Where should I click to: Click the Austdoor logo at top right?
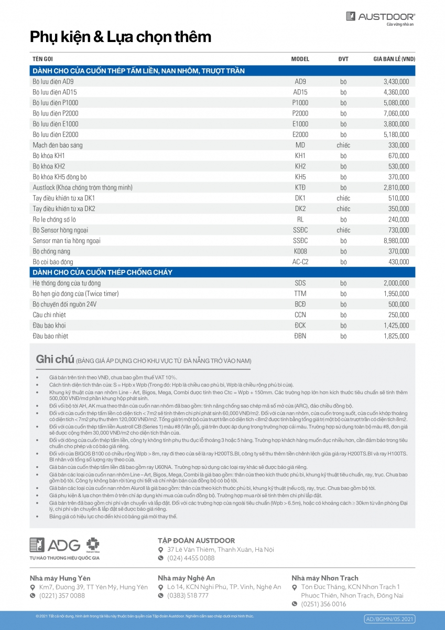pos(380,18)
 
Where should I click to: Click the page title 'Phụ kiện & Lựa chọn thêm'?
pos(121,37)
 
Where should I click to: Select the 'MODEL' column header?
pos(300,59)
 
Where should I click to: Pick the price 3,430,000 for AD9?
pos(396,81)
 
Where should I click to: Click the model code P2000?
pos(300,113)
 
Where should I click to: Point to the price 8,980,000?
pos(396,241)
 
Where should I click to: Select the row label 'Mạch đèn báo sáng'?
pos(58,145)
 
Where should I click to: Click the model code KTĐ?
pos(300,187)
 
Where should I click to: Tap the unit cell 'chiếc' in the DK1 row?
pos(343,198)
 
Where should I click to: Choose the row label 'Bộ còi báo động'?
pos(53,262)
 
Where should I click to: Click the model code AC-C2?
pos(300,262)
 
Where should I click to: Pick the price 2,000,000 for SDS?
pos(396,283)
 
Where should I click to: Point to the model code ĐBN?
pos(300,336)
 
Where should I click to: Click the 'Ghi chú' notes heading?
pos(55,360)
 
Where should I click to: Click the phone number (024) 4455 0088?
pos(191,558)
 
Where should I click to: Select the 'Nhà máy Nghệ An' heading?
pos(186,578)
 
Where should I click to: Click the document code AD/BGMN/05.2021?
pos(389,619)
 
